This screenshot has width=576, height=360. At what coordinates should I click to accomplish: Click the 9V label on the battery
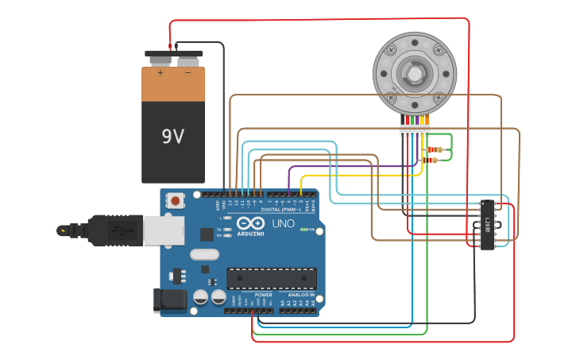point(172,137)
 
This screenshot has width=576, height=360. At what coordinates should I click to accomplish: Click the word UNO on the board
point(284,223)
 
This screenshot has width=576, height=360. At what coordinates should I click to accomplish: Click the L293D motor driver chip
point(487,224)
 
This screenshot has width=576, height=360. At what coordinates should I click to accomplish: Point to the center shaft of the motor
point(415,72)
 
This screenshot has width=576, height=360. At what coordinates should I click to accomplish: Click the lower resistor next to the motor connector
point(431,161)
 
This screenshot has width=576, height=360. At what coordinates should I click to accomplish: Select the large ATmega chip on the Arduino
point(272,278)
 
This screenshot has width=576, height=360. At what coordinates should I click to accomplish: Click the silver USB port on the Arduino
point(163,230)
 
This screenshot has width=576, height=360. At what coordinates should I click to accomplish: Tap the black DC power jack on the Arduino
point(169,300)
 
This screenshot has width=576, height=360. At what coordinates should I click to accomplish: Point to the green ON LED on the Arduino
point(303,230)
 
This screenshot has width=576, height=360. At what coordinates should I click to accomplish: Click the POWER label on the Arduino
point(264,294)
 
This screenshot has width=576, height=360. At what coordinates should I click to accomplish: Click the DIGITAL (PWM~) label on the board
point(283,209)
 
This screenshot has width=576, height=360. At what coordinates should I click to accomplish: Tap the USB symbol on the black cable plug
point(123,230)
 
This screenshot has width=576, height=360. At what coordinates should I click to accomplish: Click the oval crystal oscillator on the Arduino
point(203,255)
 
